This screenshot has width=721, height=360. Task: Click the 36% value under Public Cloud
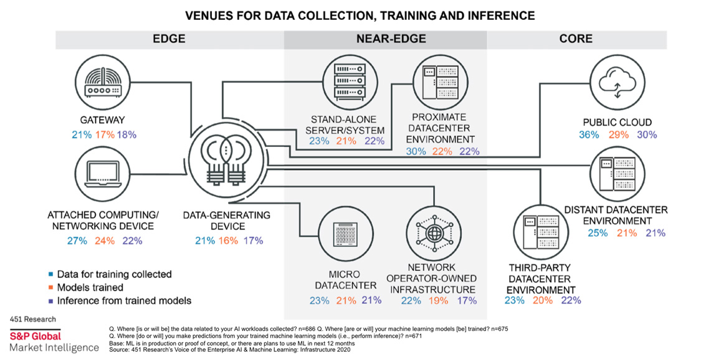click(x=588, y=135)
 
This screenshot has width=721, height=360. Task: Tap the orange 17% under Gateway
click(x=106, y=134)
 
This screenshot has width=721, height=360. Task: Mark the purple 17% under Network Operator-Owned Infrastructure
click(x=467, y=301)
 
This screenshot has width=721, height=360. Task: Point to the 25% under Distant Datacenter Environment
click(x=598, y=233)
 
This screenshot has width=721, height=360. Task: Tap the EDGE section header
click(x=169, y=39)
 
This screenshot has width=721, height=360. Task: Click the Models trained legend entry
click(x=90, y=287)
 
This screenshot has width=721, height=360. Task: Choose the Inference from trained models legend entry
click(x=123, y=300)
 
